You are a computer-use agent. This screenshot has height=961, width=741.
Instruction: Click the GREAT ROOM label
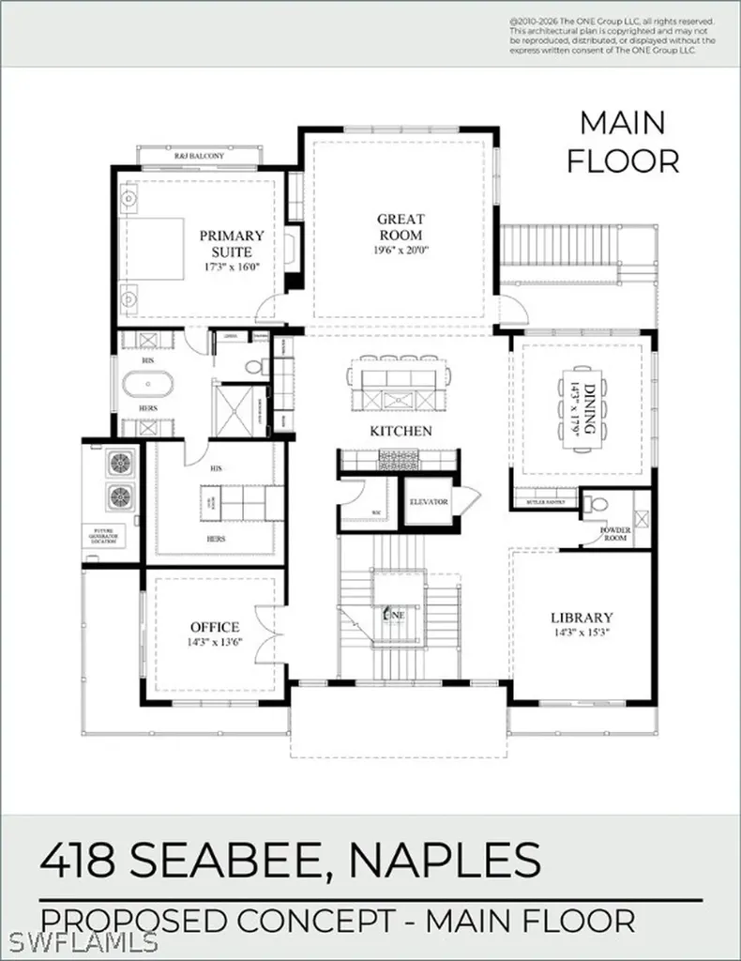pyautogui.click(x=401, y=226)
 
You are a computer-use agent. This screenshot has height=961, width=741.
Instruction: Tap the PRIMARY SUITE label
pyautogui.click(x=231, y=244)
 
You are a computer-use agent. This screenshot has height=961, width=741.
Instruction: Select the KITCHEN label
pyautogui.click(x=401, y=431)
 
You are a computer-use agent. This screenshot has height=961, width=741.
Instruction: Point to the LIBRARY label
pyautogui.click(x=582, y=618)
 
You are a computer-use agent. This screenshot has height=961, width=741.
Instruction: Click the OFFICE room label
pyautogui.click(x=215, y=627)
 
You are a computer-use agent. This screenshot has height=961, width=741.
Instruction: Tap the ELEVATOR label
pyautogui.click(x=428, y=502)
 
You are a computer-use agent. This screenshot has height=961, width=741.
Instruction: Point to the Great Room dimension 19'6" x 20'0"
pyautogui.click(x=401, y=251)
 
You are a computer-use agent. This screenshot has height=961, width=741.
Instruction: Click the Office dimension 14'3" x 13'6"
pyautogui.click(x=215, y=644)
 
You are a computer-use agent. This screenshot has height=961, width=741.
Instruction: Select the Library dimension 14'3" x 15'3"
pyautogui.click(x=582, y=633)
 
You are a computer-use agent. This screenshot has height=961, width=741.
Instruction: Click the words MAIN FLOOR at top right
pyautogui.click(x=622, y=141)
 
